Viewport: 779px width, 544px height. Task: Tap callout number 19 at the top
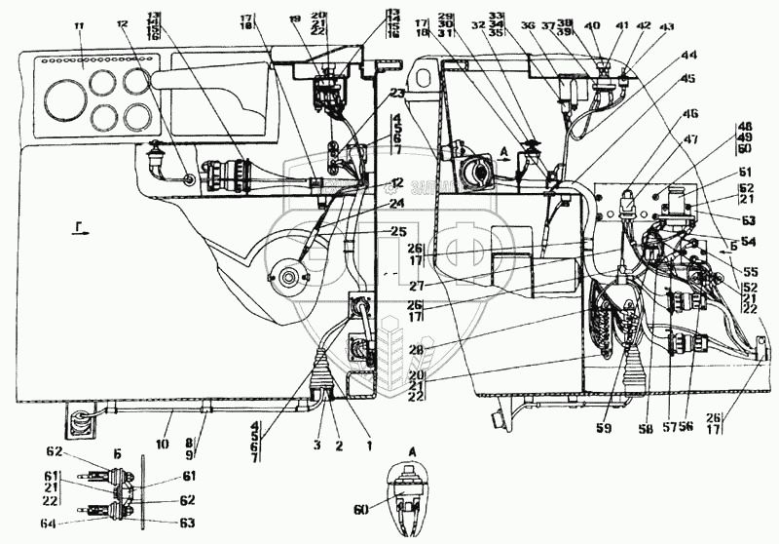pyautogui.click(x=294, y=19)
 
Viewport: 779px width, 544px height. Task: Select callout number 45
pyautogui.click(x=689, y=78)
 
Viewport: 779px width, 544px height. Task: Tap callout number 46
pyautogui.click(x=689, y=115)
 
